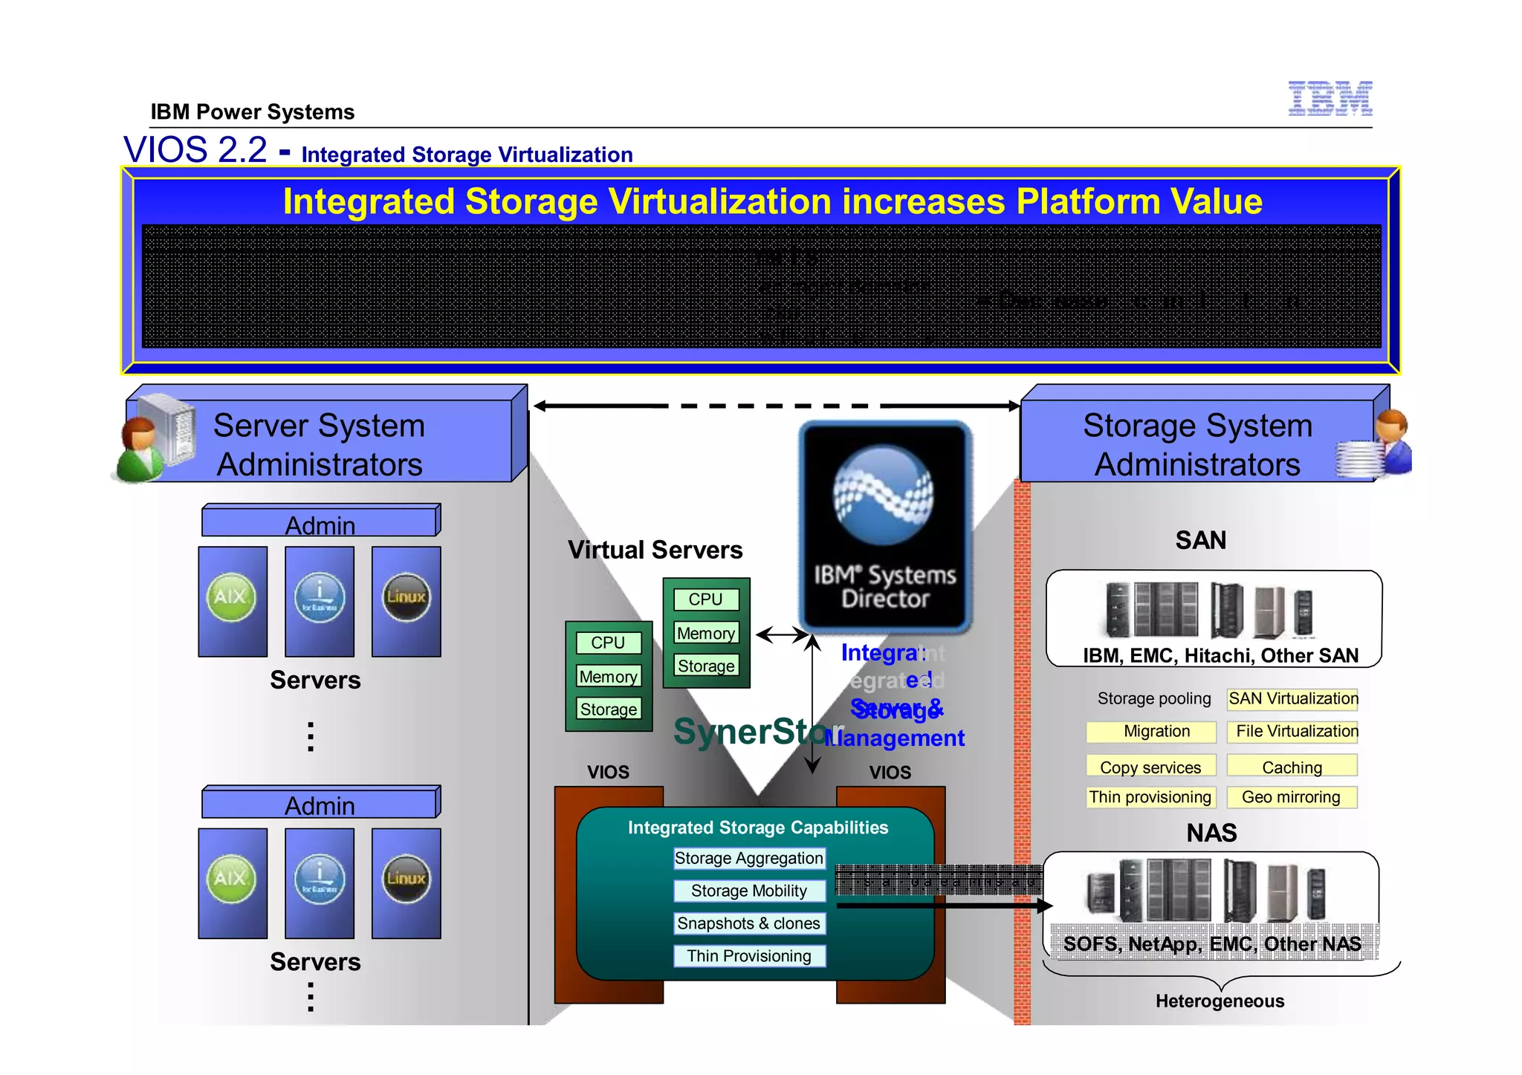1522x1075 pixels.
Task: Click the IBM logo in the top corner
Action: (1330, 98)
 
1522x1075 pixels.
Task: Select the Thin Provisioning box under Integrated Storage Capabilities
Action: (749, 956)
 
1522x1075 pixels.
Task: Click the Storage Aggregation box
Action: (749, 859)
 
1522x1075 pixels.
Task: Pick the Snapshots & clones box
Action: (749, 923)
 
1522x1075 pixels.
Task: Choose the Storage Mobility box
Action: (749, 891)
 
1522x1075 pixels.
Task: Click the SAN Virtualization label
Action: (1292, 699)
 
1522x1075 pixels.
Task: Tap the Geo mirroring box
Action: (1292, 797)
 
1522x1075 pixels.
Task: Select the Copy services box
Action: (1150, 767)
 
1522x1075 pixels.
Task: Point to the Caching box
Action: (1292, 767)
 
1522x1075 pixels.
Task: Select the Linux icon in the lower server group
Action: (406, 879)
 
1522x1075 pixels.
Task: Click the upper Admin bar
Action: (320, 523)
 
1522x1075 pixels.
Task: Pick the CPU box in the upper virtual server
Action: (706, 600)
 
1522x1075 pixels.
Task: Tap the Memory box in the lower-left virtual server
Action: (608, 676)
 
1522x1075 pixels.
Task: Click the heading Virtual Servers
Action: (655, 550)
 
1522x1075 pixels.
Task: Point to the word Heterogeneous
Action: (1220, 1001)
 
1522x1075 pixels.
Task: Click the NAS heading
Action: (1211, 833)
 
